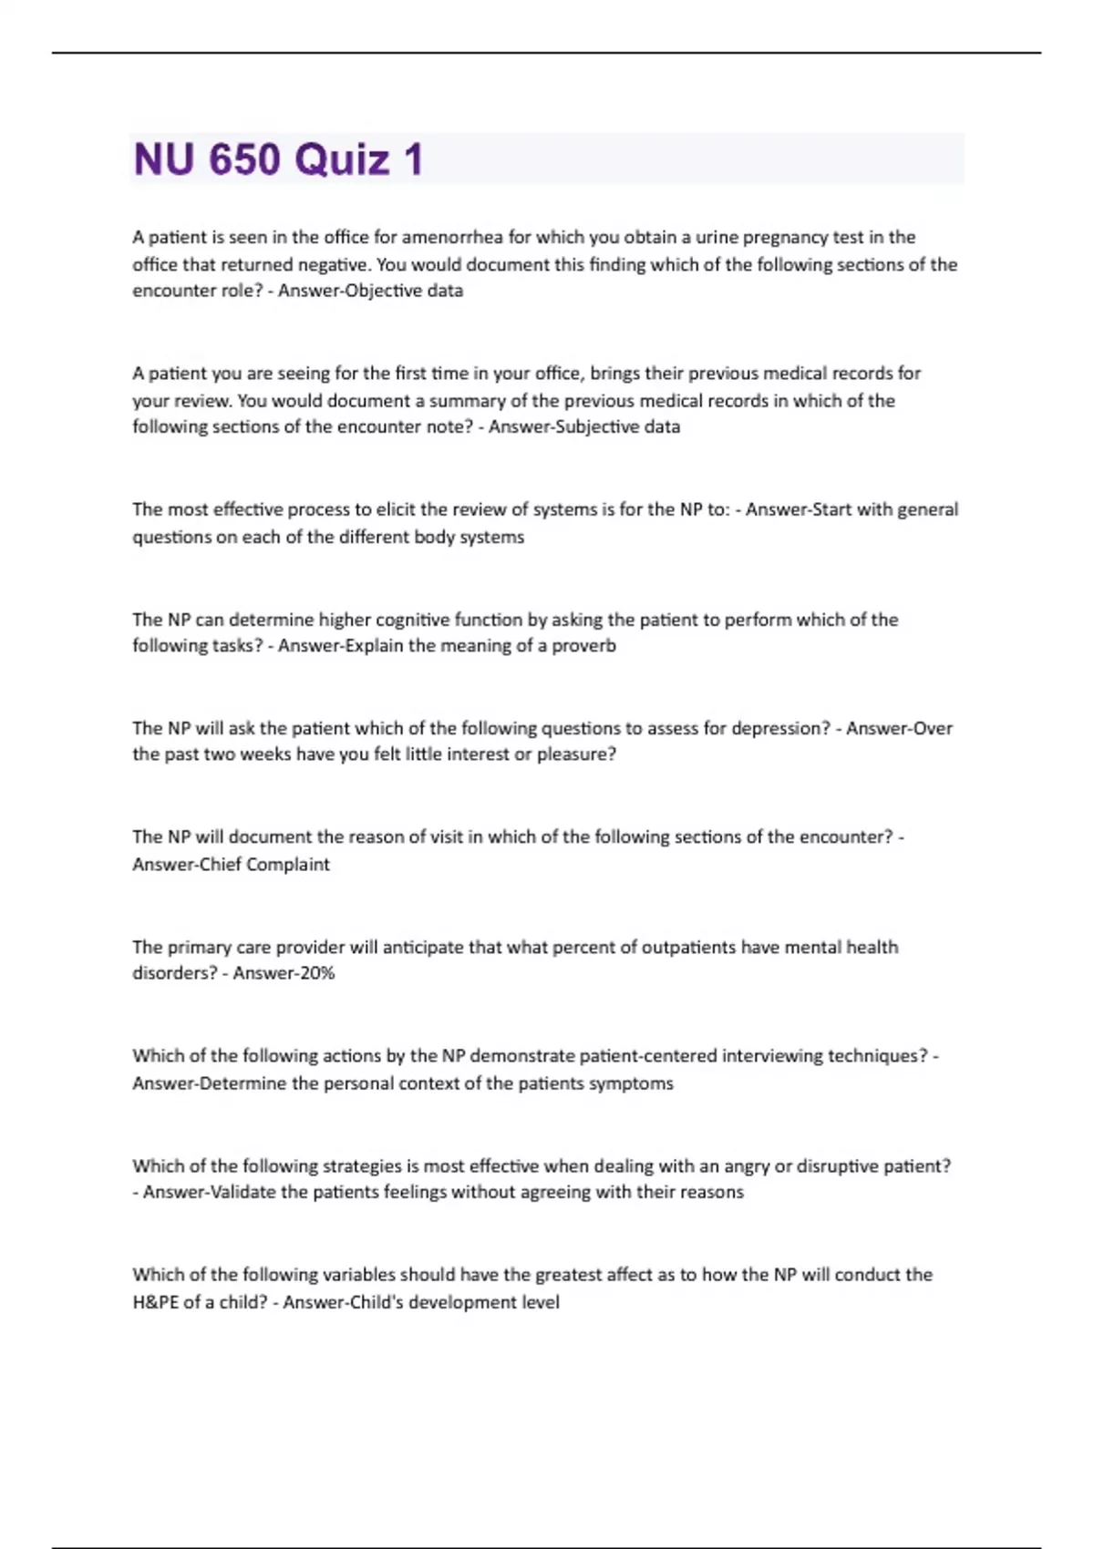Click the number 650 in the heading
click(x=243, y=159)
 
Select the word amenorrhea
click(x=453, y=237)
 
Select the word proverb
click(x=583, y=646)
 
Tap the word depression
click(x=777, y=728)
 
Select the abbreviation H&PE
click(x=156, y=1302)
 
